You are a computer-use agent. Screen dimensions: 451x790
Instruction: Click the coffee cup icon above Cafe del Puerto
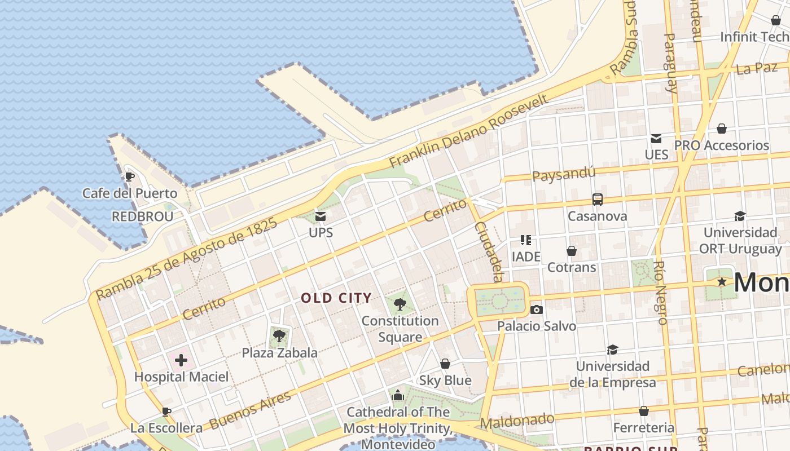(x=129, y=176)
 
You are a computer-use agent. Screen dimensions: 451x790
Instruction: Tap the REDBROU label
(x=142, y=216)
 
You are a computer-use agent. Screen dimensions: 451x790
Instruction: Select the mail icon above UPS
(x=321, y=216)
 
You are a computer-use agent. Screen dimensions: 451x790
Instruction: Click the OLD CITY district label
(x=336, y=298)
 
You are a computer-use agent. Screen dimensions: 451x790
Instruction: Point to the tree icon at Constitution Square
(x=400, y=304)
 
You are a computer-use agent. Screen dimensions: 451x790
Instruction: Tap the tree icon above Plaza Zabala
(x=278, y=337)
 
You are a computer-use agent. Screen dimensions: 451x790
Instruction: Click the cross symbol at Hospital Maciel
(x=181, y=360)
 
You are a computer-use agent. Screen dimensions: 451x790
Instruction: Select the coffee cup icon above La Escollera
(x=166, y=412)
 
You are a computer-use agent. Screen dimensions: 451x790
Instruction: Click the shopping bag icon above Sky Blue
(x=445, y=364)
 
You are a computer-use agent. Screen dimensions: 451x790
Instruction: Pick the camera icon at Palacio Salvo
(x=537, y=309)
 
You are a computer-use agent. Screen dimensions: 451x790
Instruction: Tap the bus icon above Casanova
(x=597, y=199)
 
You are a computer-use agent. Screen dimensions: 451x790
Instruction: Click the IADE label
(x=526, y=257)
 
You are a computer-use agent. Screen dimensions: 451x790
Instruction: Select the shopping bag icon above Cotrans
(x=572, y=250)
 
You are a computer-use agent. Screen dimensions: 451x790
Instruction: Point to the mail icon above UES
(x=656, y=138)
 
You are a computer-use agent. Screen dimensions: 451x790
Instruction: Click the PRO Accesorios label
(x=722, y=145)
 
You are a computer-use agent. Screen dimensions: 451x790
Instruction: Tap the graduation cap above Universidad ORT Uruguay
(x=740, y=216)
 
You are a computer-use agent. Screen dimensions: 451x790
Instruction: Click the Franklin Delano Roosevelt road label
(x=468, y=131)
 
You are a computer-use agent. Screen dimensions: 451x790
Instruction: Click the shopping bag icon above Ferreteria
(x=643, y=411)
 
